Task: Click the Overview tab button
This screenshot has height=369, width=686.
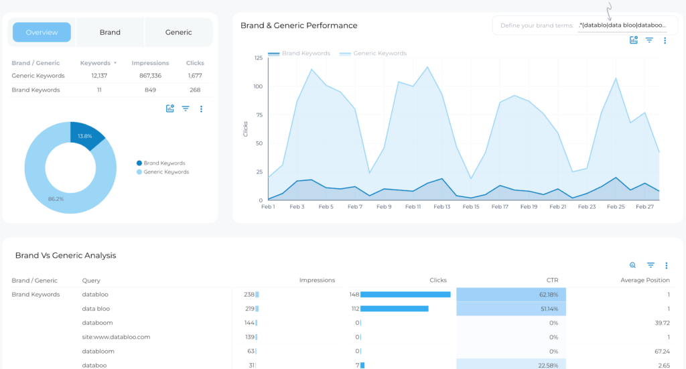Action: [42, 32]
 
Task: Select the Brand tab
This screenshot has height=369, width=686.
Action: [110, 32]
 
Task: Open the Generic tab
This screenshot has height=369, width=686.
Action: [178, 32]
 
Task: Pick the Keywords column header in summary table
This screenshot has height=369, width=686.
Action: [95, 63]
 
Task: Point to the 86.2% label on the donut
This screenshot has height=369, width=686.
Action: [56, 199]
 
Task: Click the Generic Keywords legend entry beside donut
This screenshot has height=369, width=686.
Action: [166, 172]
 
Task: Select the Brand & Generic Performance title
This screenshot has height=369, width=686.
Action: [299, 25]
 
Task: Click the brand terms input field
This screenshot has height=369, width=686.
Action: [623, 25]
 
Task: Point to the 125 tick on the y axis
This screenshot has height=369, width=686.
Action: [258, 58]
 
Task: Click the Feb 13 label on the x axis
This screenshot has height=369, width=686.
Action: [442, 207]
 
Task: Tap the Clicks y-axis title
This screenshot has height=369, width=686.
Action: [246, 129]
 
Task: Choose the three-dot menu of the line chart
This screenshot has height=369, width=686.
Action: [665, 41]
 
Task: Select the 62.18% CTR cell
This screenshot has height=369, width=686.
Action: [511, 295]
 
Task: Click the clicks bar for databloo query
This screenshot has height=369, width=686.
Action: [405, 295]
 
